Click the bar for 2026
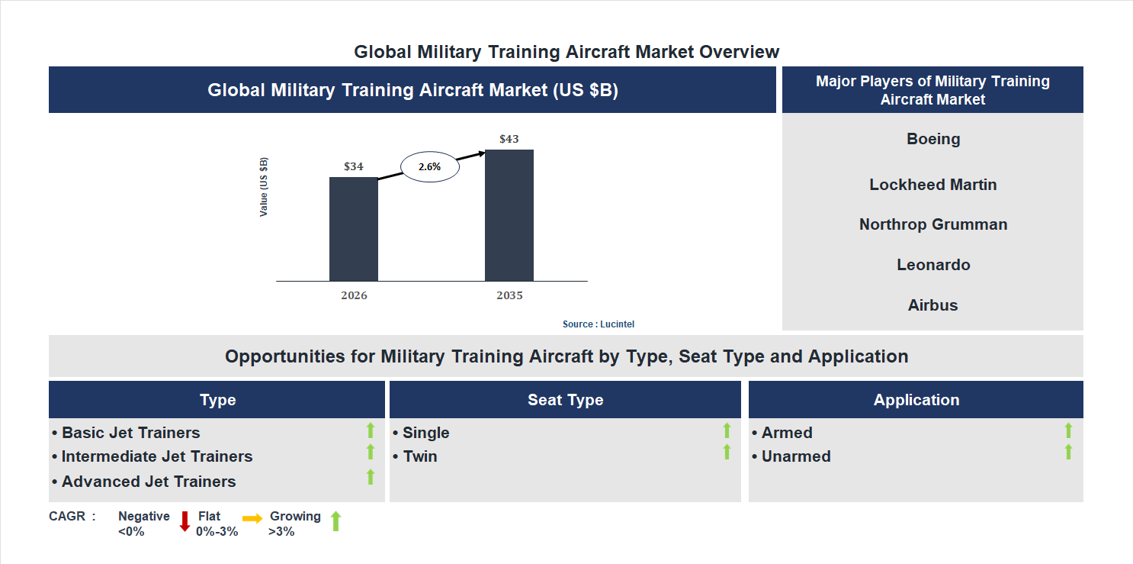pos(353,229)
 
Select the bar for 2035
pos(509,215)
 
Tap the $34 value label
pos(353,166)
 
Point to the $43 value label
pos(509,139)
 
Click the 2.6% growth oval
pos(430,166)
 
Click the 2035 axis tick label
pos(509,295)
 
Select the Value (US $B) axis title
pos(264,187)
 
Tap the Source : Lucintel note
pos(599,324)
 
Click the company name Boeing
pos(932,139)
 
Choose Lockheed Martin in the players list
pos(932,185)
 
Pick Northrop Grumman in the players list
pos(932,224)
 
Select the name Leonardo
pos(932,265)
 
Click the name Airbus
pos(932,305)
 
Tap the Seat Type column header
pos(565,400)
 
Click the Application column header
pos(916,400)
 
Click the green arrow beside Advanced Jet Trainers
pos(371,477)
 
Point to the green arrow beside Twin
pos(727,452)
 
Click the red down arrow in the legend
pos(185,521)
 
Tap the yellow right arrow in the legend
pos(252,519)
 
